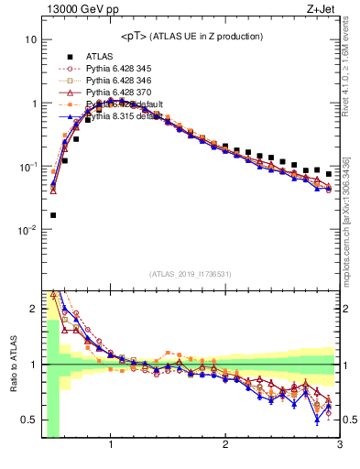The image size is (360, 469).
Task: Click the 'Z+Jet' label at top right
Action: point(325,9)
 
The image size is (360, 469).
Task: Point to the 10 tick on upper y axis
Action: point(30,40)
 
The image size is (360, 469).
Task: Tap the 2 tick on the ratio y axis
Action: point(32,309)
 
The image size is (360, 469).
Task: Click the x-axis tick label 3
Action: point(339,445)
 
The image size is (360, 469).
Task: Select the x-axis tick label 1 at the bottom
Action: point(111,445)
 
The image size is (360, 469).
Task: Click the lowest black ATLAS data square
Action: point(53,215)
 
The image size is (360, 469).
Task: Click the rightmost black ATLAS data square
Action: point(328,173)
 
